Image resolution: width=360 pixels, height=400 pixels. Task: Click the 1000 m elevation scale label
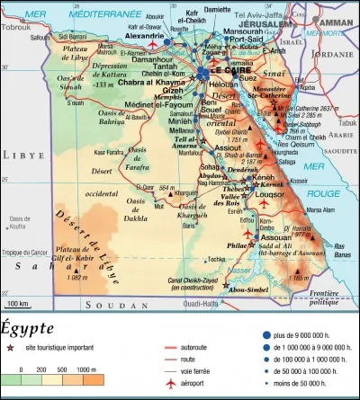86,369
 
